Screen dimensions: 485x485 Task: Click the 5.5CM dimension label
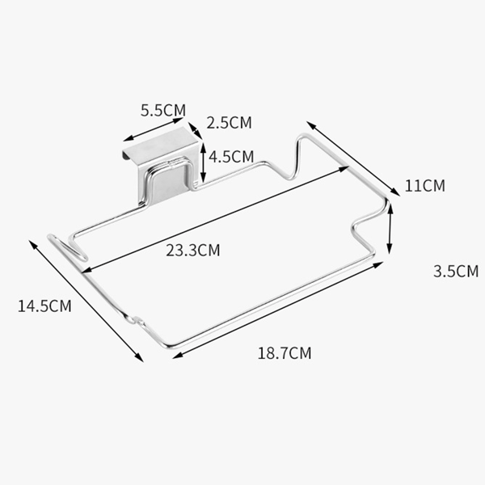coord(163,111)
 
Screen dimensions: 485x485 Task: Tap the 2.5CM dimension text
coord(230,123)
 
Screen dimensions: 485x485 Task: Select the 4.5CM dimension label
coord(231,157)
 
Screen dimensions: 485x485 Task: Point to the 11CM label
coord(425,186)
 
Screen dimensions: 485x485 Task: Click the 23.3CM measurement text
coord(193,251)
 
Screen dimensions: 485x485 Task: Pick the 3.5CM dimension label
coord(456,272)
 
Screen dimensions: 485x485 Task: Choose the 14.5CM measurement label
coord(44,306)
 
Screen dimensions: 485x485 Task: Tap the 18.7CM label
coord(285,353)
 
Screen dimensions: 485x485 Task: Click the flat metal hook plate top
coord(160,143)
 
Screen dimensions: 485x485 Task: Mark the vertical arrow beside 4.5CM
coord(203,162)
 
